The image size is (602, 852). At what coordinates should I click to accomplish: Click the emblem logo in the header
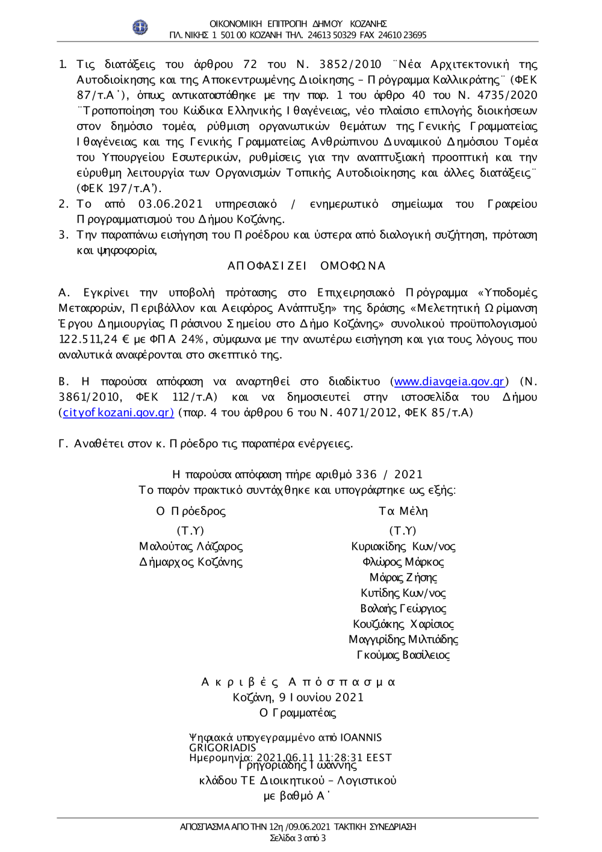(140, 27)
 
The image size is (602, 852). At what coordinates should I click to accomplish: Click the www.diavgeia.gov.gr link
(449, 382)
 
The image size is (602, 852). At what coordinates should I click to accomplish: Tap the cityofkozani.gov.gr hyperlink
(119, 412)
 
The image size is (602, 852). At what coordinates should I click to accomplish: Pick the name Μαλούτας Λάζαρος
(191, 547)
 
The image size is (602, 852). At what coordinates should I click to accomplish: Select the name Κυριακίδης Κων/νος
(403, 547)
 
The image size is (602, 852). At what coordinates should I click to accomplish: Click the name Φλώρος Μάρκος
(403, 562)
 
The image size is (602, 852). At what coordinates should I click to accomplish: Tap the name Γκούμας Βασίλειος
(403, 655)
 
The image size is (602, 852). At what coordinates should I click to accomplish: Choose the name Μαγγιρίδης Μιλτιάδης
(403, 639)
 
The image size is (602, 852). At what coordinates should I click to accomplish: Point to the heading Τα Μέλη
(403, 511)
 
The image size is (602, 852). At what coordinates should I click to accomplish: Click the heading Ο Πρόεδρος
(191, 511)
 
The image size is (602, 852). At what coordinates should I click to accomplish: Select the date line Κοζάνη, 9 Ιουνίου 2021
(298, 697)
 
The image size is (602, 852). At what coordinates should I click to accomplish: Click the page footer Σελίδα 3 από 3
(297, 838)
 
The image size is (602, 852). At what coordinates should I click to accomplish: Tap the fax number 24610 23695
(402, 35)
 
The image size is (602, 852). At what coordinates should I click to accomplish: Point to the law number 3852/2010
(350, 64)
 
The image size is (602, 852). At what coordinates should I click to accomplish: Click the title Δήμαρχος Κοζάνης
(191, 562)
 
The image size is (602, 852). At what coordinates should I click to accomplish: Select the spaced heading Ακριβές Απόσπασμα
(298, 682)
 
